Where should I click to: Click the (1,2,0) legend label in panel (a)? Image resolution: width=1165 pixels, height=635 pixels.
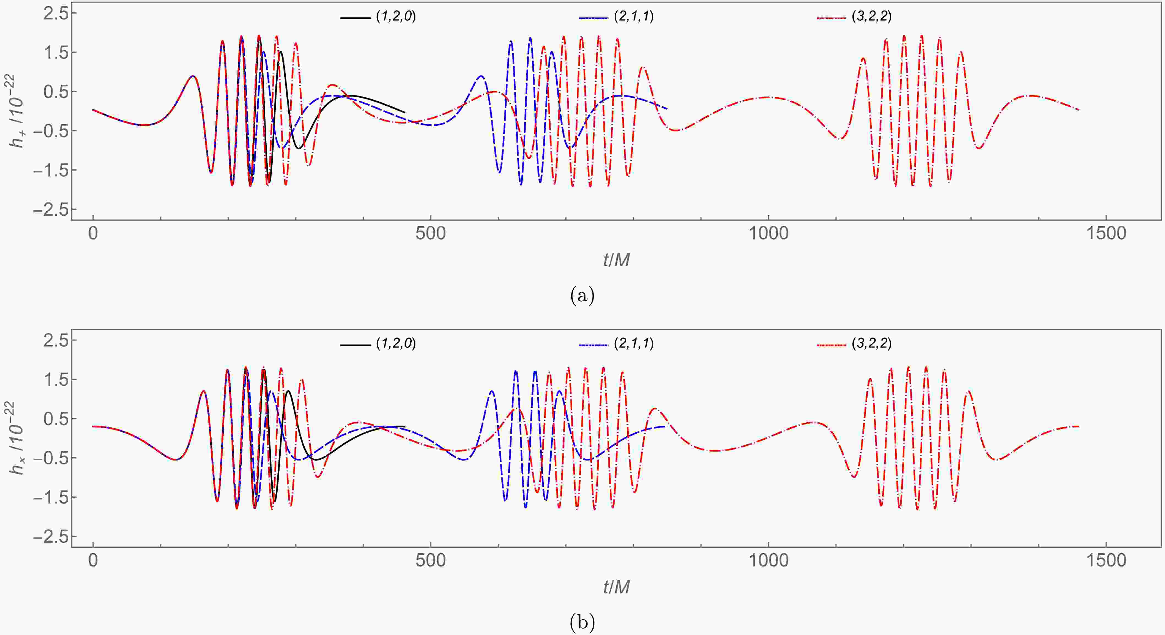(x=396, y=17)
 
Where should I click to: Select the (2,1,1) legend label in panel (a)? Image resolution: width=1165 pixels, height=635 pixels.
(x=634, y=17)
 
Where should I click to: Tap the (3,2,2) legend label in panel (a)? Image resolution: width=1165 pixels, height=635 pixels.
(x=871, y=17)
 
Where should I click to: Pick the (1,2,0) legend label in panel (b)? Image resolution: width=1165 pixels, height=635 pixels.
(x=396, y=344)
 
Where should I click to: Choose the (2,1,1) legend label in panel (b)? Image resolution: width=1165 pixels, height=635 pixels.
(x=634, y=344)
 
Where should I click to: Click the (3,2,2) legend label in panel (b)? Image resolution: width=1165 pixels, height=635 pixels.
(x=871, y=344)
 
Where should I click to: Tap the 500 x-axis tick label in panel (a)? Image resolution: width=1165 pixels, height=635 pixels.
(x=431, y=234)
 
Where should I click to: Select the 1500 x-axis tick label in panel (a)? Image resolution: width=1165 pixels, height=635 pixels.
(x=1106, y=234)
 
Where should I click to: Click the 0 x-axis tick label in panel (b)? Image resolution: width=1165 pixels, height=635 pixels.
(x=93, y=561)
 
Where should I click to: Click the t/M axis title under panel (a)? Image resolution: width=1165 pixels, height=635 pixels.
(x=616, y=260)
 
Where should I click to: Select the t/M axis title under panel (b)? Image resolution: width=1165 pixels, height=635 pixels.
(x=616, y=587)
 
